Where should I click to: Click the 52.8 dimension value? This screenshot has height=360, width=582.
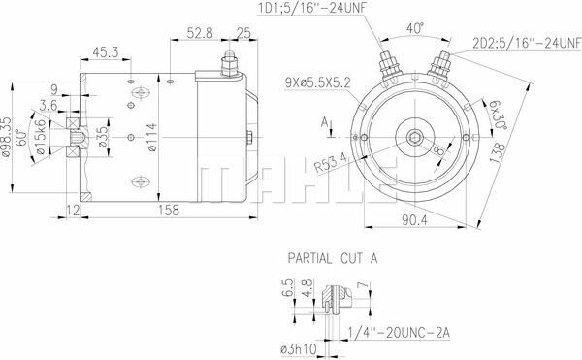point(186,31)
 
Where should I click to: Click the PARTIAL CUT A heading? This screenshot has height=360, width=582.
point(332,260)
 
